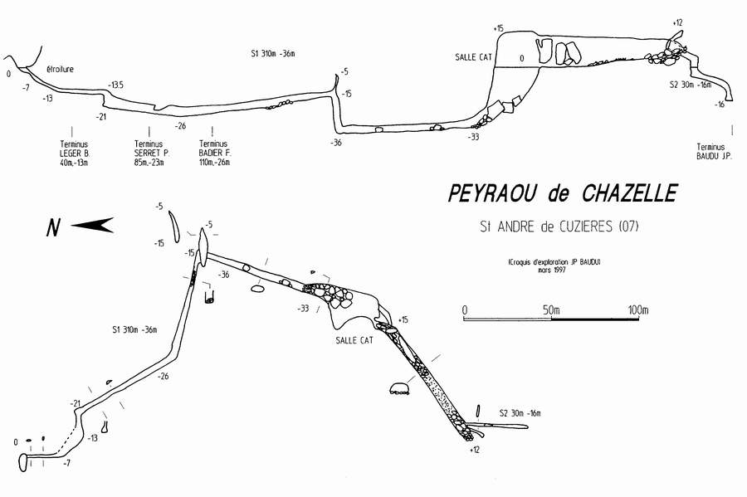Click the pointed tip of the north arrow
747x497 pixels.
tap(71, 225)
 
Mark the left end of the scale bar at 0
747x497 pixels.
tap(463, 318)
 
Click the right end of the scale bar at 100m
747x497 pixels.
tap(639, 318)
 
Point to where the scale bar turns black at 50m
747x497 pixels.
tap(551, 318)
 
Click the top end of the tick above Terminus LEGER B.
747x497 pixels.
tap(72, 127)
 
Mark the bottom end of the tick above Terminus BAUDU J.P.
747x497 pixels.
tap(732, 134)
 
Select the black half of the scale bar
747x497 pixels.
tap(595, 318)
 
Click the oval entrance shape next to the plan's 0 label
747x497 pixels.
tap(22, 462)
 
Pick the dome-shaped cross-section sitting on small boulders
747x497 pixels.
tap(400, 388)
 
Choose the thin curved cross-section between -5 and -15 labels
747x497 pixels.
tap(173, 226)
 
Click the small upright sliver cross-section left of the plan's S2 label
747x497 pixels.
tap(478, 411)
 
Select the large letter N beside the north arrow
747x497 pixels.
tap(53, 227)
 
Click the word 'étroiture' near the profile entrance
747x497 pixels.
tap(61, 70)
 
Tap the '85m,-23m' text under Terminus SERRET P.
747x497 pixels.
tap(149, 163)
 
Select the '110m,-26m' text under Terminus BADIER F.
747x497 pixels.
tap(214, 163)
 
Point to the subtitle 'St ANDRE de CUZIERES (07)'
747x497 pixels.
tap(559, 227)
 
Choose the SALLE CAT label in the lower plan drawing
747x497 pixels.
tap(354, 340)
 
